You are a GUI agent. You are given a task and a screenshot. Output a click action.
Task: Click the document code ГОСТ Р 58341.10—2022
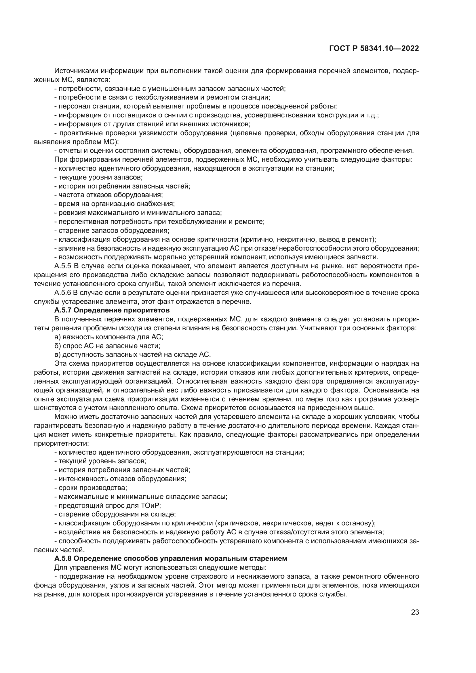[374, 49]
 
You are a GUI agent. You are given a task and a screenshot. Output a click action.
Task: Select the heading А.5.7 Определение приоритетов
[112, 310]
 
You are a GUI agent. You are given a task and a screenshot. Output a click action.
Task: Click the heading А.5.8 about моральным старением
[171, 558]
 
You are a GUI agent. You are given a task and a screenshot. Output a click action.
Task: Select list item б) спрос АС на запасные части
[107, 346]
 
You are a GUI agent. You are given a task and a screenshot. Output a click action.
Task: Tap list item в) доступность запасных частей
[132, 354]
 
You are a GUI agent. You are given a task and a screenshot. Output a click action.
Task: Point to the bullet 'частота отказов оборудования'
[109, 195]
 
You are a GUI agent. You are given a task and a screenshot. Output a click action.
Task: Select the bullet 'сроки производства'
[91, 488]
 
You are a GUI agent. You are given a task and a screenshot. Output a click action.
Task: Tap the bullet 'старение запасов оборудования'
[112, 230]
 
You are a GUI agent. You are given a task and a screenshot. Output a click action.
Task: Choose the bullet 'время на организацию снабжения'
[115, 204]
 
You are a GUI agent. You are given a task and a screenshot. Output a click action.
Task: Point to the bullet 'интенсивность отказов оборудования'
[121, 479]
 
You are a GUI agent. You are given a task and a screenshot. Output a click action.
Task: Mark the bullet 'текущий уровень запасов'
[100, 461]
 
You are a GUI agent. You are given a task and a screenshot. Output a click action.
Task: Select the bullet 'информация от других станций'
[153, 124]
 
